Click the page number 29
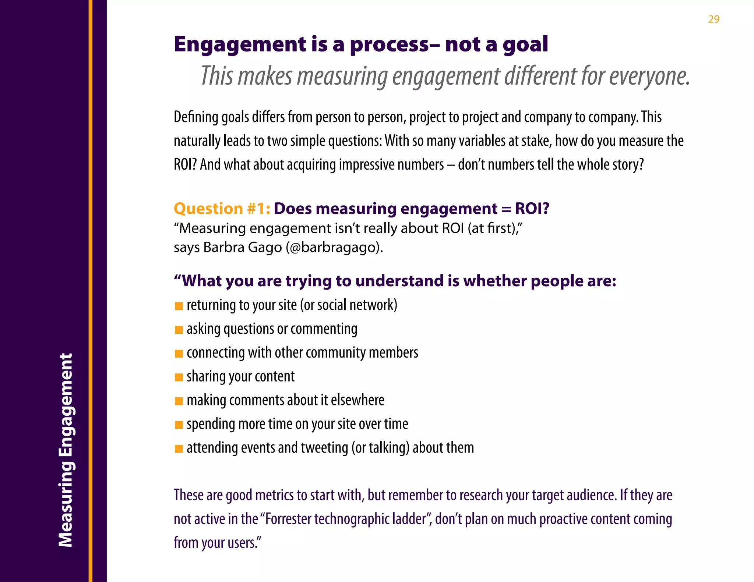click(x=714, y=19)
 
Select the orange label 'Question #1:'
click(x=222, y=209)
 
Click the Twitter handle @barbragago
click(x=333, y=247)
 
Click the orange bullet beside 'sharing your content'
click(x=179, y=377)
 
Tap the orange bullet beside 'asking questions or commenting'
click(x=179, y=330)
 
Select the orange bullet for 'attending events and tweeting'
click(x=179, y=449)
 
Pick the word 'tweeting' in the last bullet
click(x=324, y=448)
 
